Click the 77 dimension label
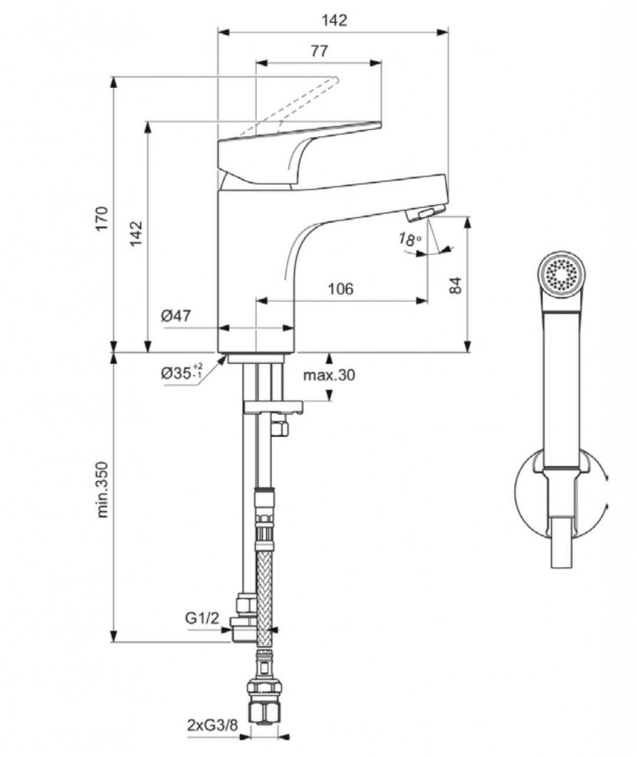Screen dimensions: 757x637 (318, 51)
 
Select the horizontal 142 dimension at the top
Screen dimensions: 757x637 (335, 20)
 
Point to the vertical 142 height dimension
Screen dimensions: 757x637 (137, 234)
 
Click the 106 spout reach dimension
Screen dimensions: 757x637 (340, 288)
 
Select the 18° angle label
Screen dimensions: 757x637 (408, 239)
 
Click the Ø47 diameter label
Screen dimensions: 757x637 (176, 316)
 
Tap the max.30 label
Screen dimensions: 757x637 (329, 375)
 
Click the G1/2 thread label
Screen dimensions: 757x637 (202, 619)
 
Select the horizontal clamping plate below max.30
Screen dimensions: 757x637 (273, 406)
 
